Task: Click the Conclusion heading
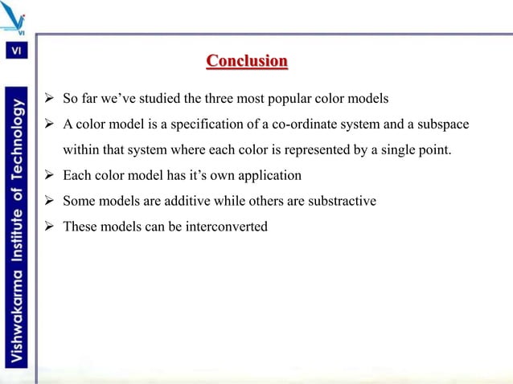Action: [247, 61]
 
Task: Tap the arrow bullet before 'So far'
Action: [48, 100]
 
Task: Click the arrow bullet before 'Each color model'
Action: [48, 175]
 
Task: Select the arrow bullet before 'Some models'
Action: [48, 201]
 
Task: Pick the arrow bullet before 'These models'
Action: [48, 226]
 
